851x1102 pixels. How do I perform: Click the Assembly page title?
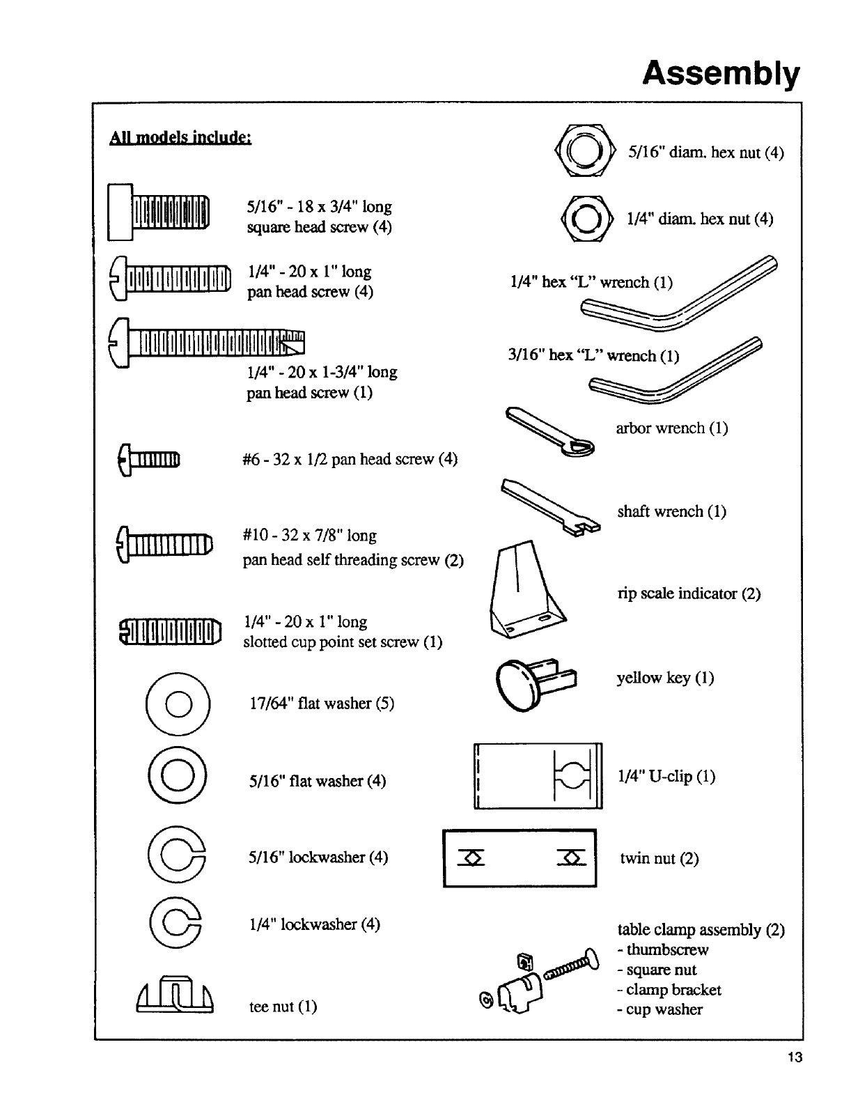(721, 72)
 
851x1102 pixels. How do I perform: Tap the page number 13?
(795, 1057)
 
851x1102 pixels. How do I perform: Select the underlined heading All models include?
(180, 137)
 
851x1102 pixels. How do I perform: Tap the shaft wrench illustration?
(549, 506)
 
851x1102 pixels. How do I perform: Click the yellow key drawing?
(536, 681)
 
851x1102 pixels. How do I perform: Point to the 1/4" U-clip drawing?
(538, 776)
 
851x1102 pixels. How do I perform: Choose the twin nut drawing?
(520, 857)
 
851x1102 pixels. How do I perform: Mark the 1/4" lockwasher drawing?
(178, 924)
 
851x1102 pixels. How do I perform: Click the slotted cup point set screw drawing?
(171, 631)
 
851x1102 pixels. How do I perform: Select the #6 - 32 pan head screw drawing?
(150, 460)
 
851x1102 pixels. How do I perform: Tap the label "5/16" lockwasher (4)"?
(318, 857)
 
